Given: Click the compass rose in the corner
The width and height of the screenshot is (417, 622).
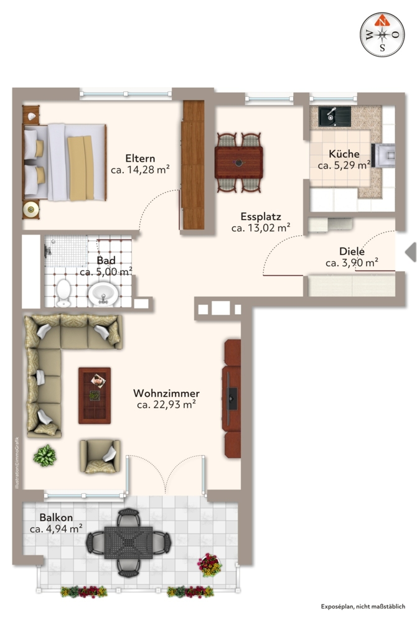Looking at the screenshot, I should click(x=382, y=35).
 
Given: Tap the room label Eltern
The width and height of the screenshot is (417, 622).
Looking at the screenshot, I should click(x=140, y=158).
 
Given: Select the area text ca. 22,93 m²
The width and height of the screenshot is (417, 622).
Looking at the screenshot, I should click(x=166, y=405).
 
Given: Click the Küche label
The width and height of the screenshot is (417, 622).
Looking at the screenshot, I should click(x=344, y=154).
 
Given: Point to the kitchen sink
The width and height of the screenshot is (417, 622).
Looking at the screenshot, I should click(x=335, y=115).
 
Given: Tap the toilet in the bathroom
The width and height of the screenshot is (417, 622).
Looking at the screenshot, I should click(x=63, y=292).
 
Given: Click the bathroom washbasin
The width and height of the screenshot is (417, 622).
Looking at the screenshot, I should click(x=103, y=294).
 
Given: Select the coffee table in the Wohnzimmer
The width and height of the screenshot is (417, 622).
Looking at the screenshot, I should click(x=94, y=394).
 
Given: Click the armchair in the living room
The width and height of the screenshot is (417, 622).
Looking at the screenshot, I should click(x=100, y=457).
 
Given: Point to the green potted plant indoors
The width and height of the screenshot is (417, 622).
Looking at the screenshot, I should click(x=45, y=456).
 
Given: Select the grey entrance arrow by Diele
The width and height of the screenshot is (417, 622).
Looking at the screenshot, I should click(x=410, y=252).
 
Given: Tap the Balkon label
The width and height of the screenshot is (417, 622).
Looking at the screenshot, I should click(x=56, y=518).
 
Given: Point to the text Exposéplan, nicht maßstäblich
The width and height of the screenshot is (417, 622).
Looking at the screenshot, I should click(x=363, y=606).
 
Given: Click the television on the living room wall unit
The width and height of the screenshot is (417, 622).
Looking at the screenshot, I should click(x=232, y=397).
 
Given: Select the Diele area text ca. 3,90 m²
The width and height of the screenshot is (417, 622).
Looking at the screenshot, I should click(x=352, y=263).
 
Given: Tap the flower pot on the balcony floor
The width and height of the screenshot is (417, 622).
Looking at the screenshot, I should click(x=209, y=564).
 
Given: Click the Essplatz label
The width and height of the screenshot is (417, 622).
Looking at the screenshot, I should click(x=261, y=217).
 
